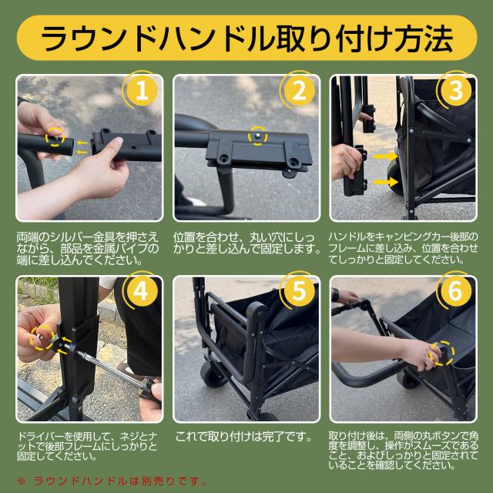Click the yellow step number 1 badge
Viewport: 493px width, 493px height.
click(142, 91)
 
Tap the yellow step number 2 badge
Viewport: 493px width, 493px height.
click(300, 91)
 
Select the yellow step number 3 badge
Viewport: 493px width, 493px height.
click(456, 91)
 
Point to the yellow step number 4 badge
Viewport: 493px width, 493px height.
click(142, 291)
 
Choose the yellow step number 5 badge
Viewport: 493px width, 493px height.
click(299, 291)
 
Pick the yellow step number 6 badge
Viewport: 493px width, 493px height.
click(456, 291)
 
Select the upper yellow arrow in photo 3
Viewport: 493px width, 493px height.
click(385, 156)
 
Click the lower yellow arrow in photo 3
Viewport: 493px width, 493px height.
click(385, 182)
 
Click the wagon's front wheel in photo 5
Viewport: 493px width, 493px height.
click(214, 374)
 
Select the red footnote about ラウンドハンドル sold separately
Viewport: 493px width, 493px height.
click(112, 481)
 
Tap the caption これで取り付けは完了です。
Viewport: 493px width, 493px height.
click(243, 437)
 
